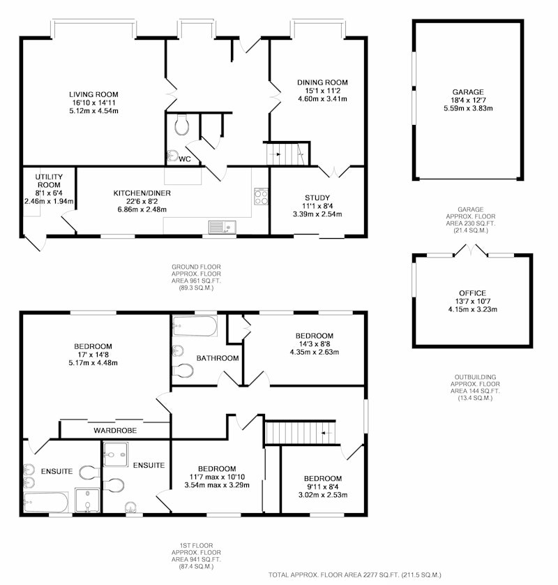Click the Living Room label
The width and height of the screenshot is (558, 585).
click(x=93, y=94)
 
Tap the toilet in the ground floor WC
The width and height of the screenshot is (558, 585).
click(x=181, y=125)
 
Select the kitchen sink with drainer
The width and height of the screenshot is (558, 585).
click(x=223, y=227)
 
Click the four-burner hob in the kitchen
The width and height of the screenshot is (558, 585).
click(x=261, y=196)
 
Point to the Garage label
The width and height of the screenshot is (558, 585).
click(x=468, y=91)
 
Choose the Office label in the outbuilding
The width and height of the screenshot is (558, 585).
click(x=472, y=293)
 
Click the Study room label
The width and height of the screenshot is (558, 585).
click(x=317, y=198)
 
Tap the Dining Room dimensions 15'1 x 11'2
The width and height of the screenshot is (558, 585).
click(x=322, y=91)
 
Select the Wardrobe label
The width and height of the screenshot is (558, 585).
click(x=115, y=431)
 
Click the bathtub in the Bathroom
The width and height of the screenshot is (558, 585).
click(x=195, y=326)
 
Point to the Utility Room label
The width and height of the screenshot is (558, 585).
click(x=49, y=181)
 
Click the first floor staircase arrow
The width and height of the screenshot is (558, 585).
click(x=326, y=433)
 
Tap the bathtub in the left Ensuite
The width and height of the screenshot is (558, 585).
click(x=46, y=502)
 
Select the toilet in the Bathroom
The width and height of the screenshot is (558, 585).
click(x=183, y=371)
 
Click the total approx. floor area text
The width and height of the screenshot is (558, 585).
click(x=355, y=575)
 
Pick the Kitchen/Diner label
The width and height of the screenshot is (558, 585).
click(x=142, y=193)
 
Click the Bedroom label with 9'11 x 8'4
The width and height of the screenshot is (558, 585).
click(x=323, y=479)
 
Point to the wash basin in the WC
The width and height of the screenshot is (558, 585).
click(x=172, y=155)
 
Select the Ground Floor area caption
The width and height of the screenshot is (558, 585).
click(x=196, y=278)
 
